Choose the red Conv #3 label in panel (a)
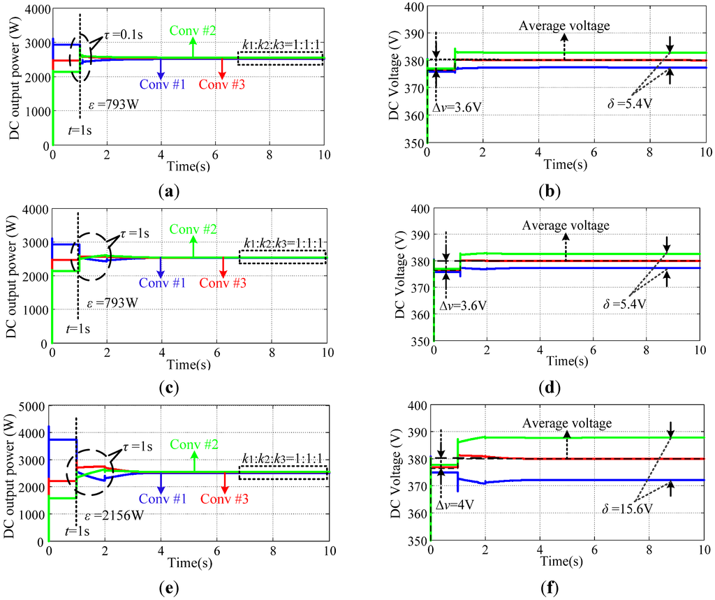pos(221,85)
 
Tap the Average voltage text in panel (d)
pos(566,226)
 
